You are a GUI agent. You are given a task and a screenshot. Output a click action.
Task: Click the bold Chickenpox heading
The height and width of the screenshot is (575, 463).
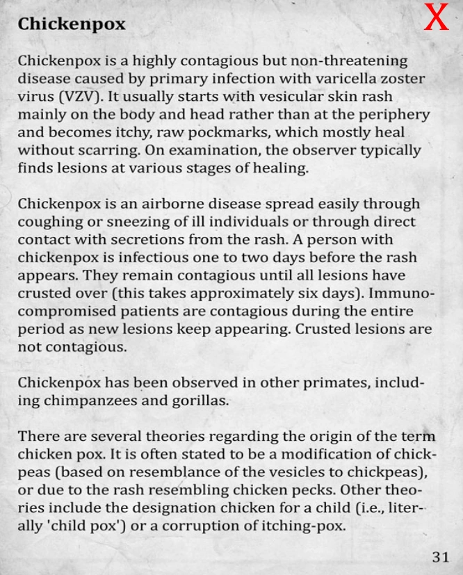72,24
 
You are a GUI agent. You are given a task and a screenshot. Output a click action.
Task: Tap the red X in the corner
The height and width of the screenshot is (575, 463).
437,19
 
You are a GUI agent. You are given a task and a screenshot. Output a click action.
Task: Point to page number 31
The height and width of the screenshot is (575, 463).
440,556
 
